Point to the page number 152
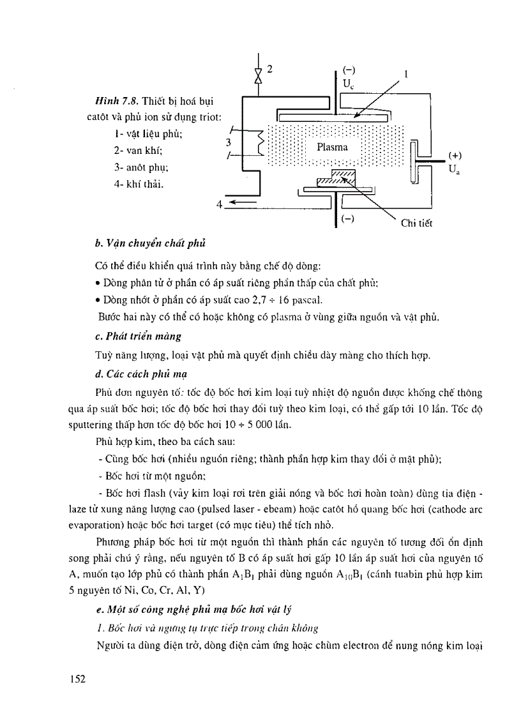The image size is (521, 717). click(77, 677)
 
